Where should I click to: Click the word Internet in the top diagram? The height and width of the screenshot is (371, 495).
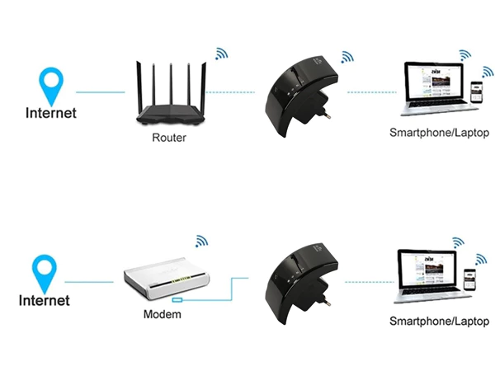coord(51,113)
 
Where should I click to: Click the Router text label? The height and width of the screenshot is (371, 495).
coord(169,138)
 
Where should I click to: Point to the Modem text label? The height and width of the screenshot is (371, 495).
coord(162,315)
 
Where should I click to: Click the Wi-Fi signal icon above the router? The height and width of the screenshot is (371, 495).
coord(221,54)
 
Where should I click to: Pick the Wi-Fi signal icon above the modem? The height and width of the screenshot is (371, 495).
coord(200,241)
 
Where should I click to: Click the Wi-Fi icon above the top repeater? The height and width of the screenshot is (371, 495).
coord(347,57)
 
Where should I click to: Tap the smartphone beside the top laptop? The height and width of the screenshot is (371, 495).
coord(475,92)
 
